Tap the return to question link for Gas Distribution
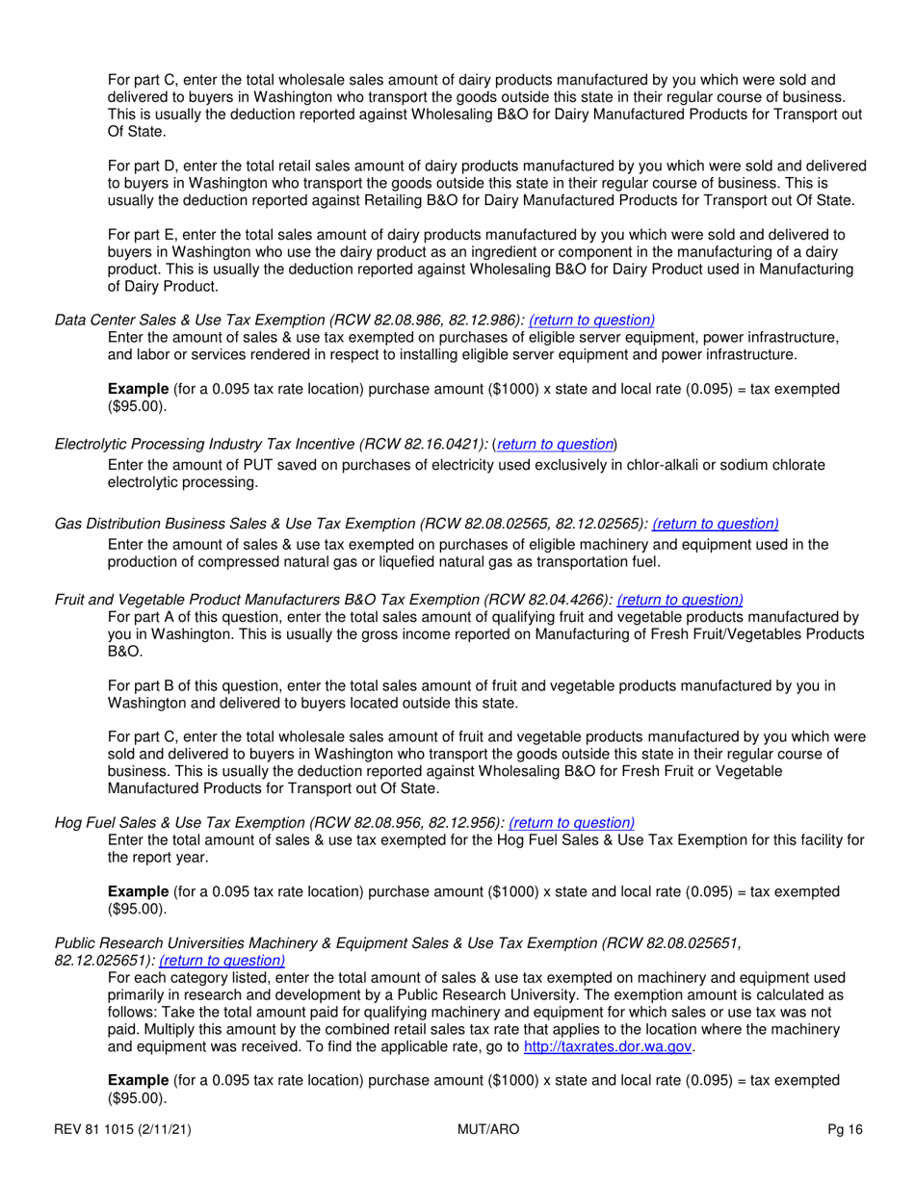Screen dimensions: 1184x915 716,524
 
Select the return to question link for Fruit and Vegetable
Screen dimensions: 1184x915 680,598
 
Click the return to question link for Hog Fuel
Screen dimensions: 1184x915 571,822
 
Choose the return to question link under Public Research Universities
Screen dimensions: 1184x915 222,960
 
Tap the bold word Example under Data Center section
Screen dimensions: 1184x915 138,389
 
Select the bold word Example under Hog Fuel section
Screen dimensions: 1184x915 138,891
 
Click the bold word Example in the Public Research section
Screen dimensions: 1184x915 138,1081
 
